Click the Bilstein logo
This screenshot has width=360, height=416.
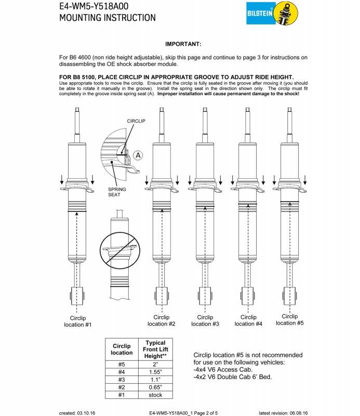[x=272, y=13]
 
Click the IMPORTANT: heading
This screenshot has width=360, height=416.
[x=183, y=44]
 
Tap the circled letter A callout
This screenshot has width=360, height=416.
[x=138, y=155]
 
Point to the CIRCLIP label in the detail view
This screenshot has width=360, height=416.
[x=136, y=121]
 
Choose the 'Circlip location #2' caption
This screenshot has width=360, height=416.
[x=161, y=320]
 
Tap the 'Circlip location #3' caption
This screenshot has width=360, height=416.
[x=205, y=320]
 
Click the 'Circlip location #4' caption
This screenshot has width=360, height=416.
[x=248, y=320]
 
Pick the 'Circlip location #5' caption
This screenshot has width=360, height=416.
[x=289, y=319]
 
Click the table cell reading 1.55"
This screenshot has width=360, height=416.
[x=155, y=372]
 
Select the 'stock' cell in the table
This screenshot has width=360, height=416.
[x=155, y=395]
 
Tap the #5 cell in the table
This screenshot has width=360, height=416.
[x=122, y=364]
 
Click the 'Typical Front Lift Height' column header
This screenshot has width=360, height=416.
[x=155, y=349]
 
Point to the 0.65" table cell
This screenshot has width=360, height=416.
[x=155, y=387]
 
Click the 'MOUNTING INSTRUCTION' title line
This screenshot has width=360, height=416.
[x=108, y=18]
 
